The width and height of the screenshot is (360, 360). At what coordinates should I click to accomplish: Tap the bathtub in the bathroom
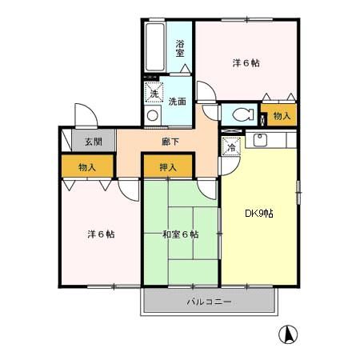155,47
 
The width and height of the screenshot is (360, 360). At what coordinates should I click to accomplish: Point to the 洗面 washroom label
177,102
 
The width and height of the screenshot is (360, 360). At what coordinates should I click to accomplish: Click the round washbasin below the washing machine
153,114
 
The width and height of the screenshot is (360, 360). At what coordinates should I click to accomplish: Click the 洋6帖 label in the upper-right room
245,62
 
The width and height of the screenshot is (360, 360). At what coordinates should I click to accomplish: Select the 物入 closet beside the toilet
282,115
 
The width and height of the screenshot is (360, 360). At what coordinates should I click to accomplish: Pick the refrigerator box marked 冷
230,146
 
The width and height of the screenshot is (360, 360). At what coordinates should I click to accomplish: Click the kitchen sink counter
272,141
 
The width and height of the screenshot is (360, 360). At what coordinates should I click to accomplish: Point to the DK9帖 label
259,214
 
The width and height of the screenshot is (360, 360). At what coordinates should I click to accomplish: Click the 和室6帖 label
180,234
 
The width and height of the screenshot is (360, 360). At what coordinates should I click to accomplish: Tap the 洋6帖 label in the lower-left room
101,234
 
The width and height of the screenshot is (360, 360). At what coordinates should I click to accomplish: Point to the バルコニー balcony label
209,302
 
